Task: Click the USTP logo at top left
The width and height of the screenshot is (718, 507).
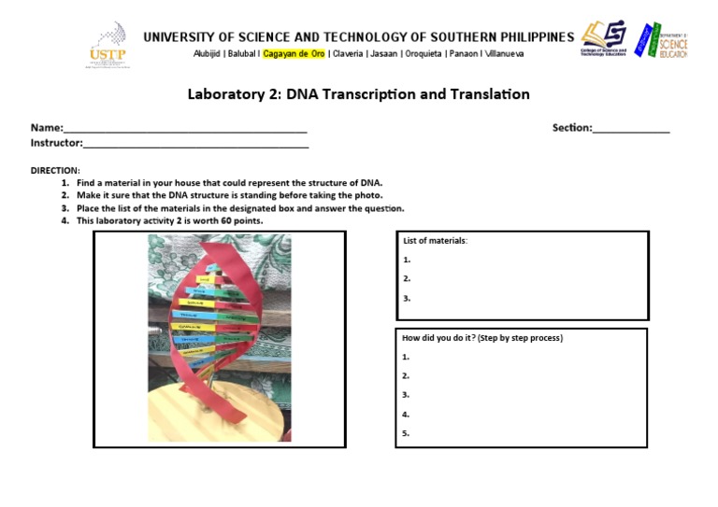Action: (x=108, y=44)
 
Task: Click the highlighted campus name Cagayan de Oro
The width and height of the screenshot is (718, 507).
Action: (x=294, y=53)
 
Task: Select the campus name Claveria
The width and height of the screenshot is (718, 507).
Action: (x=348, y=53)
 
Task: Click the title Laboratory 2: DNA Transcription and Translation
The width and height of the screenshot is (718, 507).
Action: (x=358, y=94)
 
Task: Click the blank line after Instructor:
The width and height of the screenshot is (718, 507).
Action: (x=195, y=144)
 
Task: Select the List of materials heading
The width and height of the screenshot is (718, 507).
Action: (x=435, y=241)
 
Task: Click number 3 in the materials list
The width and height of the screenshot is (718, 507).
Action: (x=407, y=299)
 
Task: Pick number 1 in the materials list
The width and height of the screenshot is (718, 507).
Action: (x=407, y=261)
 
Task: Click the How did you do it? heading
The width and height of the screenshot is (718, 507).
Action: (x=481, y=338)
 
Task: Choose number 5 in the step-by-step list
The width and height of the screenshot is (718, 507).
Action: (x=406, y=433)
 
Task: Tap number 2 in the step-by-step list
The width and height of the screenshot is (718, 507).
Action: (x=406, y=376)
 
